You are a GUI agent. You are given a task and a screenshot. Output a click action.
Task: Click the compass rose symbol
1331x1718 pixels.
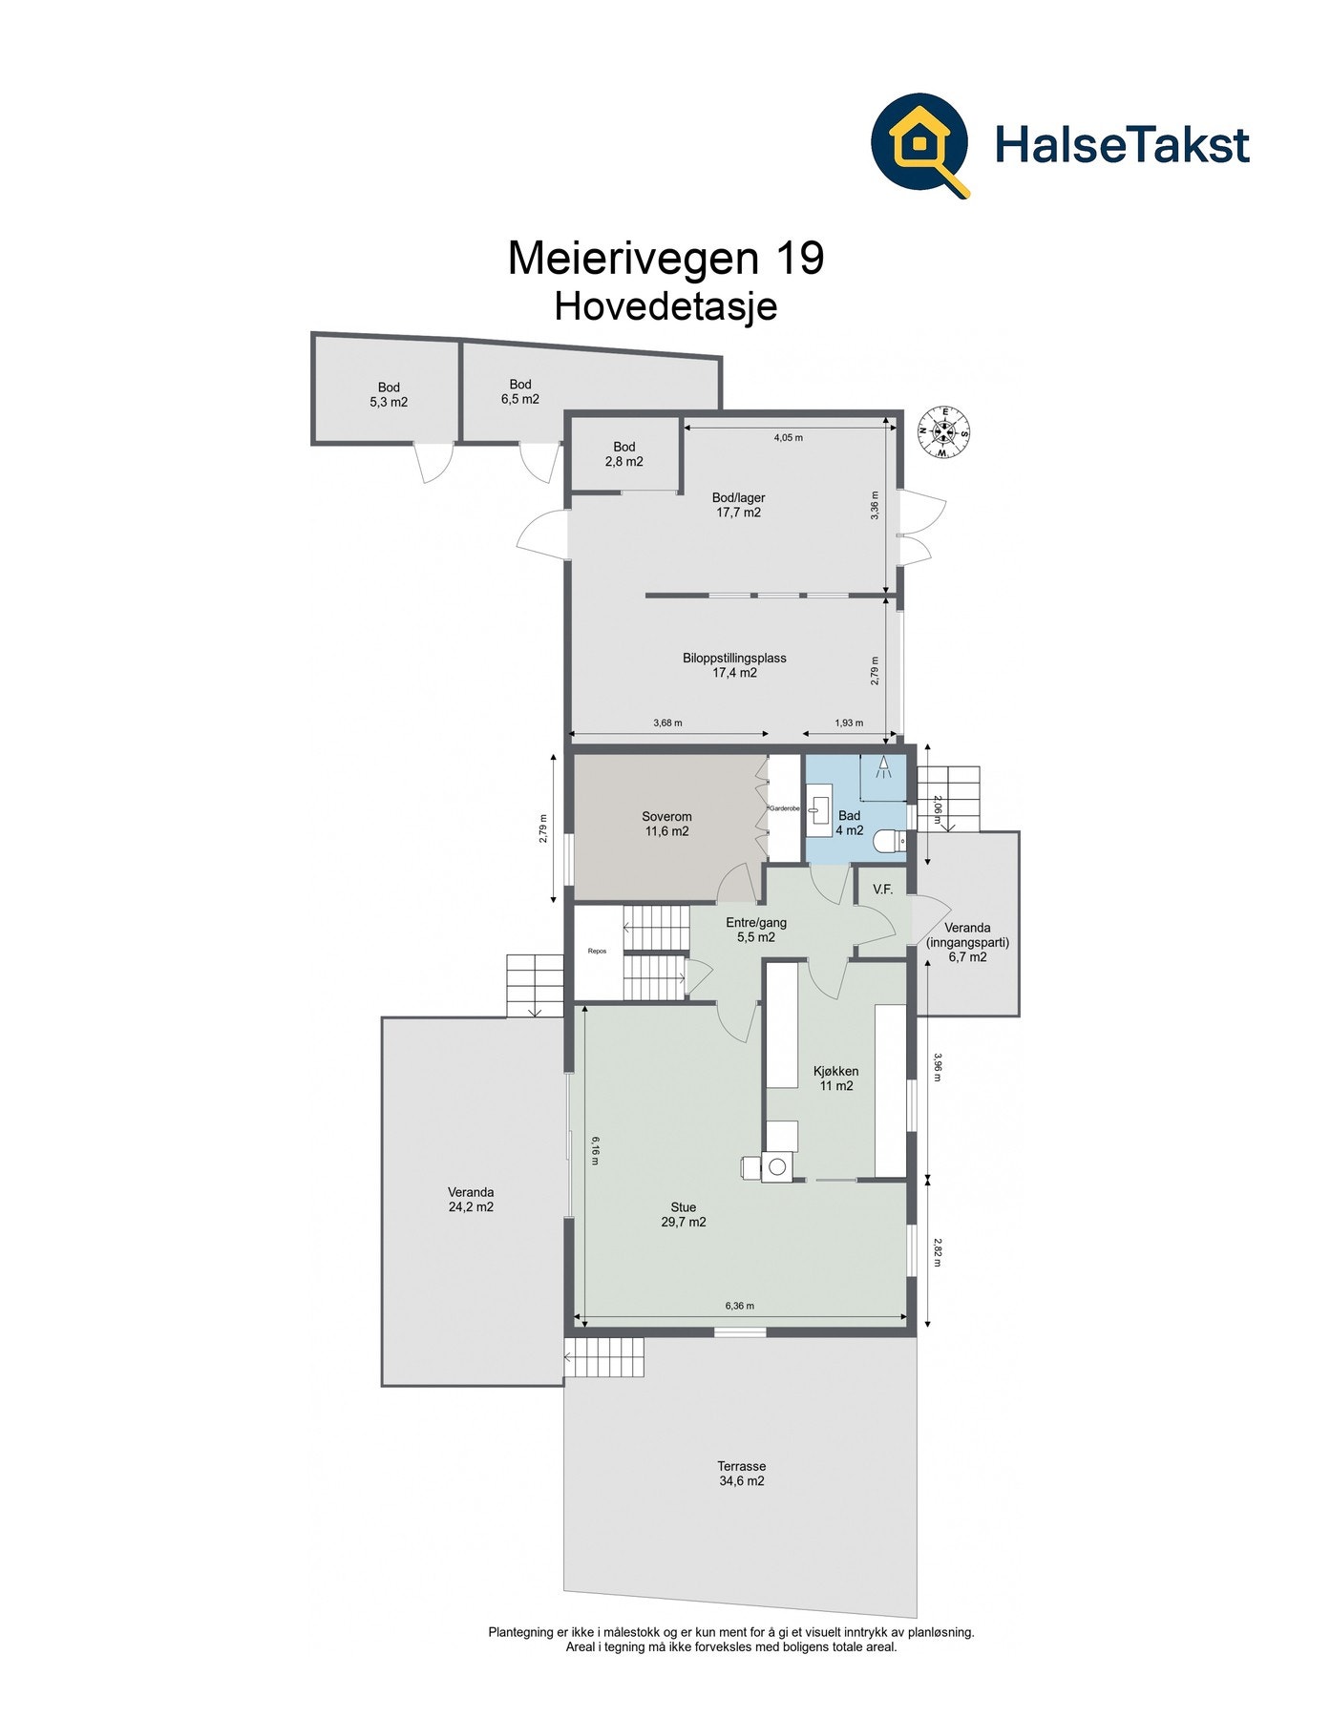click(x=944, y=432)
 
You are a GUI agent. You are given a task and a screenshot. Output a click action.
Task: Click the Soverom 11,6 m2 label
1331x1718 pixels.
click(x=665, y=824)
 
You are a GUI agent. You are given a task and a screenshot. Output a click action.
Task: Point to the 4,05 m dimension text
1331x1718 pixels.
click(x=788, y=438)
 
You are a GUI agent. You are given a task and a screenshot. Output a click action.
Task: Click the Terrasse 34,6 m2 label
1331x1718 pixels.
click(x=741, y=1474)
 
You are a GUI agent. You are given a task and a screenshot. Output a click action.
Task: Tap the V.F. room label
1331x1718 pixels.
click(x=882, y=890)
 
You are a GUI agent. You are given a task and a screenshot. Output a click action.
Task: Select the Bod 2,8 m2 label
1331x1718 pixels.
click(x=623, y=454)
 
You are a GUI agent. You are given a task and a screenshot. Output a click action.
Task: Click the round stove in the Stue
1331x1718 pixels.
click(x=776, y=1166)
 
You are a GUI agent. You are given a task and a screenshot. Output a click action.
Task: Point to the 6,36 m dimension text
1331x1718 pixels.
click(x=739, y=1306)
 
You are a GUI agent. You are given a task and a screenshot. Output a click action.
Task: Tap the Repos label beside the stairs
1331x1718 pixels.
click(x=598, y=951)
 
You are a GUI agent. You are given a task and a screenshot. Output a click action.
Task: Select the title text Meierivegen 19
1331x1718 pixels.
click(x=665, y=259)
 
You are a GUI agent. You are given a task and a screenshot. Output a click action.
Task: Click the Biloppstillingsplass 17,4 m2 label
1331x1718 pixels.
click(x=734, y=665)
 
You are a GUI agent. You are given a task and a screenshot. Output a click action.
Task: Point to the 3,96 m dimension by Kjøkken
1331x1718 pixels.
click(x=938, y=1067)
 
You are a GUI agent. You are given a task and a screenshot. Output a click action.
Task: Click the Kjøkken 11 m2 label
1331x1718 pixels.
click(x=835, y=1079)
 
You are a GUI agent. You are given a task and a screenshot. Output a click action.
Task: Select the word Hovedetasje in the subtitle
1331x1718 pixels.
click(x=665, y=307)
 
